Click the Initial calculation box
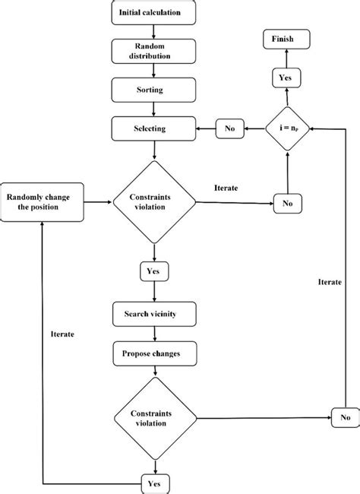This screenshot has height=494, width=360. point(155,13)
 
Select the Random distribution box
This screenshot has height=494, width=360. point(155,50)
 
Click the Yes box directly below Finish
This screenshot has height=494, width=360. point(286,77)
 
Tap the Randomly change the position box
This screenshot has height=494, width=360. point(43,203)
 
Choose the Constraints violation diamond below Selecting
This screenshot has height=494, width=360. point(155,203)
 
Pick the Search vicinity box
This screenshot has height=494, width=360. point(155,314)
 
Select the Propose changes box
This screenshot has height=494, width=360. point(155,353)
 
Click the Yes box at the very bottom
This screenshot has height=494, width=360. point(155,483)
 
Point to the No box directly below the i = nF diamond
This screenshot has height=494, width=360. point(286,203)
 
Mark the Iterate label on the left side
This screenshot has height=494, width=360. point(62,333)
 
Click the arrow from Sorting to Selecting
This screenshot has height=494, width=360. point(155,108)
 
